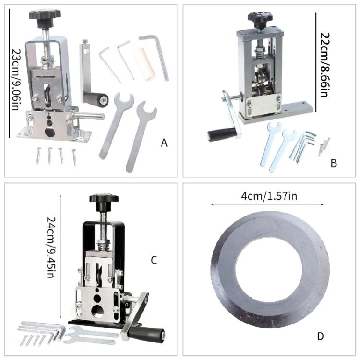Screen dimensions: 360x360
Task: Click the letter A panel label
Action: click(x=164, y=143)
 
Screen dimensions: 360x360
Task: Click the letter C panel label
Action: click(x=154, y=260)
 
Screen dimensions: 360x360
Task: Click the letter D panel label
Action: click(x=320, y=336)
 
